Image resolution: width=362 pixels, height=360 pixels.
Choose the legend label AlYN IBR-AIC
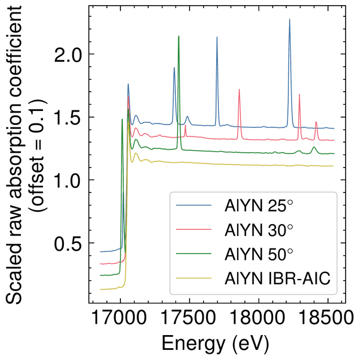(277, 278)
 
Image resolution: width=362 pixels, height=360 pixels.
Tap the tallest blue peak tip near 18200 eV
(290, 19)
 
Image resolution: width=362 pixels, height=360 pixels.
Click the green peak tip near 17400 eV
(179, 36)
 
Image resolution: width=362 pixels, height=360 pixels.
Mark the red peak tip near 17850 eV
(239, 89)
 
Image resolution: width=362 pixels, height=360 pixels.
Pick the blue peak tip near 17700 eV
(217, 37)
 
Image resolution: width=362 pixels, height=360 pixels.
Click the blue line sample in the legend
(193, 206)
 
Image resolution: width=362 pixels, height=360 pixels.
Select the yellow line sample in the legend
(193, 278)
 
